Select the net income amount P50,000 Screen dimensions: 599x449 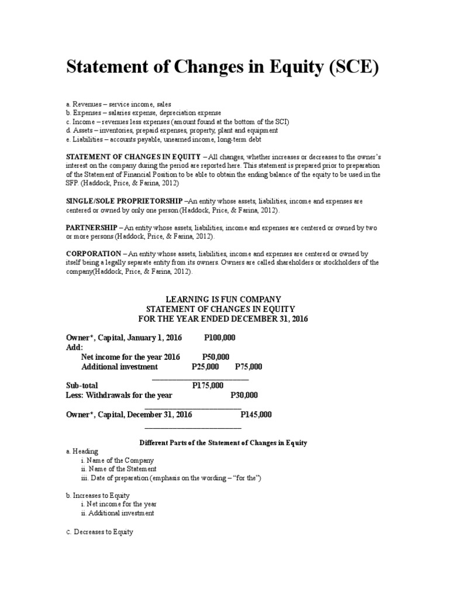click(x=216, y=357)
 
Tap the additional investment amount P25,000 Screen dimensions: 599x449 click(x=205, y=367)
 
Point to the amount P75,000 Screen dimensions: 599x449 click(x=248, y=367)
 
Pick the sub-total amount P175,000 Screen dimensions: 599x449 click(x=208, y=385)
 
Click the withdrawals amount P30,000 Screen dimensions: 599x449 click(x=244, y=395)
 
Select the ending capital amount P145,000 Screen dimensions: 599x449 click(x=256, y=414)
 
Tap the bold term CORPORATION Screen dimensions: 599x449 click(x=92, y=254)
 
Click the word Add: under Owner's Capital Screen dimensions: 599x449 click(x=75, y=347)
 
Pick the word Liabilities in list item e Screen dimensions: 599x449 click(x=87, y=139)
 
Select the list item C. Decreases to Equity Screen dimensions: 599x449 click(x=99, y=532)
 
